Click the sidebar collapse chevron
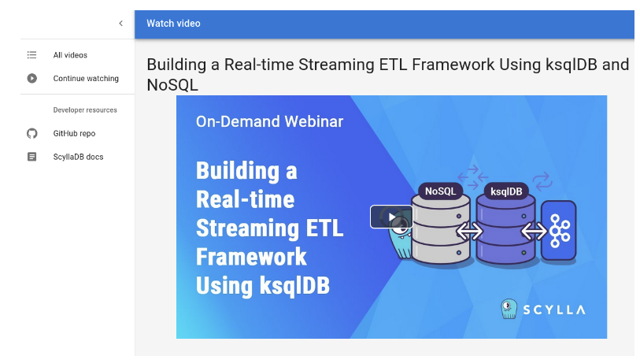[x=120, y=24]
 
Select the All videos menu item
[x=70, y=55]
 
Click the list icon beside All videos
[x=31, y=55]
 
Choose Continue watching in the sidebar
[x=86, y=79]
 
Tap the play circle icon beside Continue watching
[x=31, y=78]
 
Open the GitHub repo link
[x=74, y=134]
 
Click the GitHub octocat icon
[x=31, y=133]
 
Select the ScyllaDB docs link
[x=78, y=157]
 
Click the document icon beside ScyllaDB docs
[x=31, y=157]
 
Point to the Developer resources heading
[x=85, y=110]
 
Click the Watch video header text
[x=173, y=24]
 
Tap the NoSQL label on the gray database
[x=440, y=191]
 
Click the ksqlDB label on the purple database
[x=506, y=191]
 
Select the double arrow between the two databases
[x=469, y=232]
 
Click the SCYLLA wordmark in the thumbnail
[x=554, y=310]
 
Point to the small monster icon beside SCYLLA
[x=509, y=309]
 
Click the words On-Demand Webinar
[x=269, y=121]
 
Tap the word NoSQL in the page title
[x=172, y=85]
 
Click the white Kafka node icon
[x=559, y=231]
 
